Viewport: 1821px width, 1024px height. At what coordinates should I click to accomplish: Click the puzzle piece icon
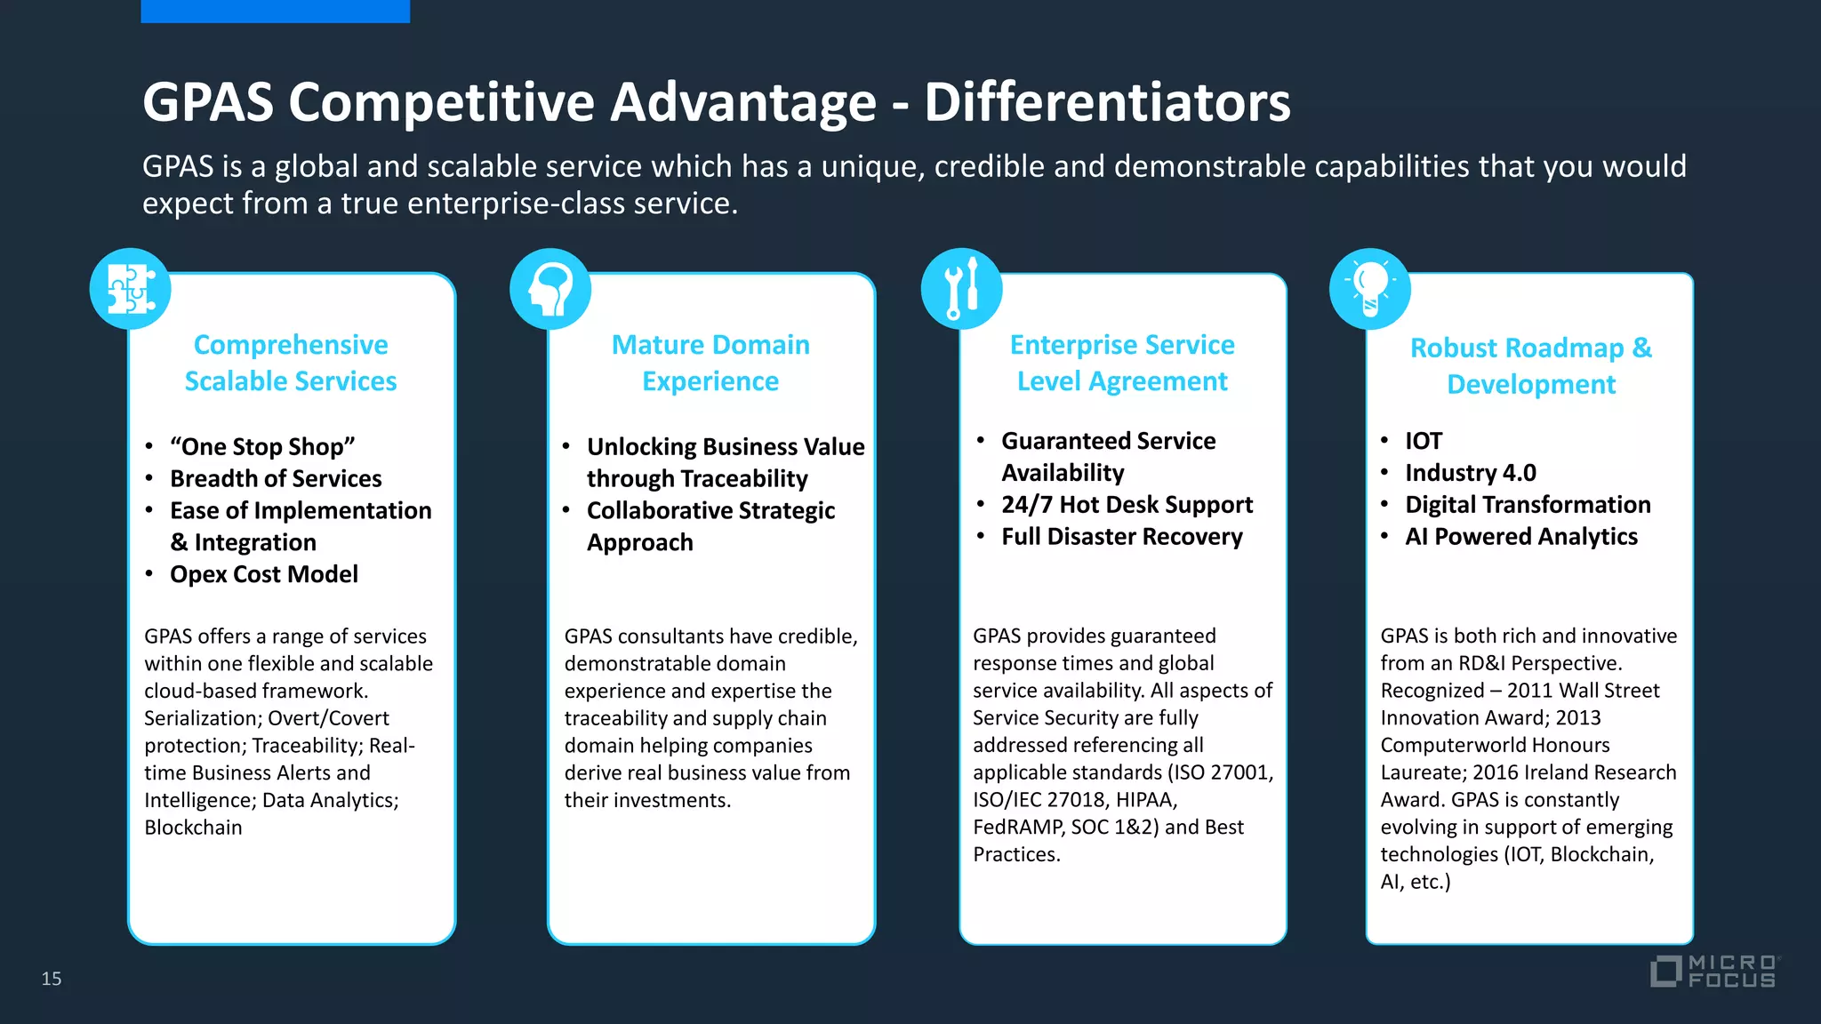point(131,289)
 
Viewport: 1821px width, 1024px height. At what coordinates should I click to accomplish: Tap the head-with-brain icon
point(550,289)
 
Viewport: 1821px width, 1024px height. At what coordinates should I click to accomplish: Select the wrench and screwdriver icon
point(961,289)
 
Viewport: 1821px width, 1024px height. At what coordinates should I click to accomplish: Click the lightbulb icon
point(1369,289)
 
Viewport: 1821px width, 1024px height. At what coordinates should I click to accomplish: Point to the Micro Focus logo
point(1713,971)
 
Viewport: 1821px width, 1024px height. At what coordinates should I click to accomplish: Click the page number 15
point(52,979)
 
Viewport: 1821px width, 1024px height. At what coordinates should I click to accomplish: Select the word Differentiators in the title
point(1107,102)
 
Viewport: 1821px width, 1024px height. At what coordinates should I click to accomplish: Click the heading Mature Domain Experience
point(710,363)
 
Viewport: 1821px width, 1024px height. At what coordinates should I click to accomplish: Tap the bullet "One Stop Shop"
point(262,446)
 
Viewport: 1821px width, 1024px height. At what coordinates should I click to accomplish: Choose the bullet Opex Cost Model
point(264,574)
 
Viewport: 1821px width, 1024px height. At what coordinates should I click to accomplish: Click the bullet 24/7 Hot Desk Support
point(1127,505)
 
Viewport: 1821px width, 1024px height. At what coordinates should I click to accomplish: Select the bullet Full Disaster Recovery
point(1122,537)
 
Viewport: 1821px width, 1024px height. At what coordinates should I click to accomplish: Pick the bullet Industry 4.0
point(1470,473)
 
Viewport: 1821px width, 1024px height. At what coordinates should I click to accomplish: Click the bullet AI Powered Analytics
point(1520,537)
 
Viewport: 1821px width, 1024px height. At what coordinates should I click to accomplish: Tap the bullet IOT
point(1424,441)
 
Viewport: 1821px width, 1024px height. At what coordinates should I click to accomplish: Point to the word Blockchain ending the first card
point(193,828)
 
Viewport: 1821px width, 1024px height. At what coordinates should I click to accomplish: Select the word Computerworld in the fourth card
point(1495,745)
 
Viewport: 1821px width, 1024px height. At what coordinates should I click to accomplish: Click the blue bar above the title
point(275,11)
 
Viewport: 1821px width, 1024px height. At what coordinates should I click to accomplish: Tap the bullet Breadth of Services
point(276,478)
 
